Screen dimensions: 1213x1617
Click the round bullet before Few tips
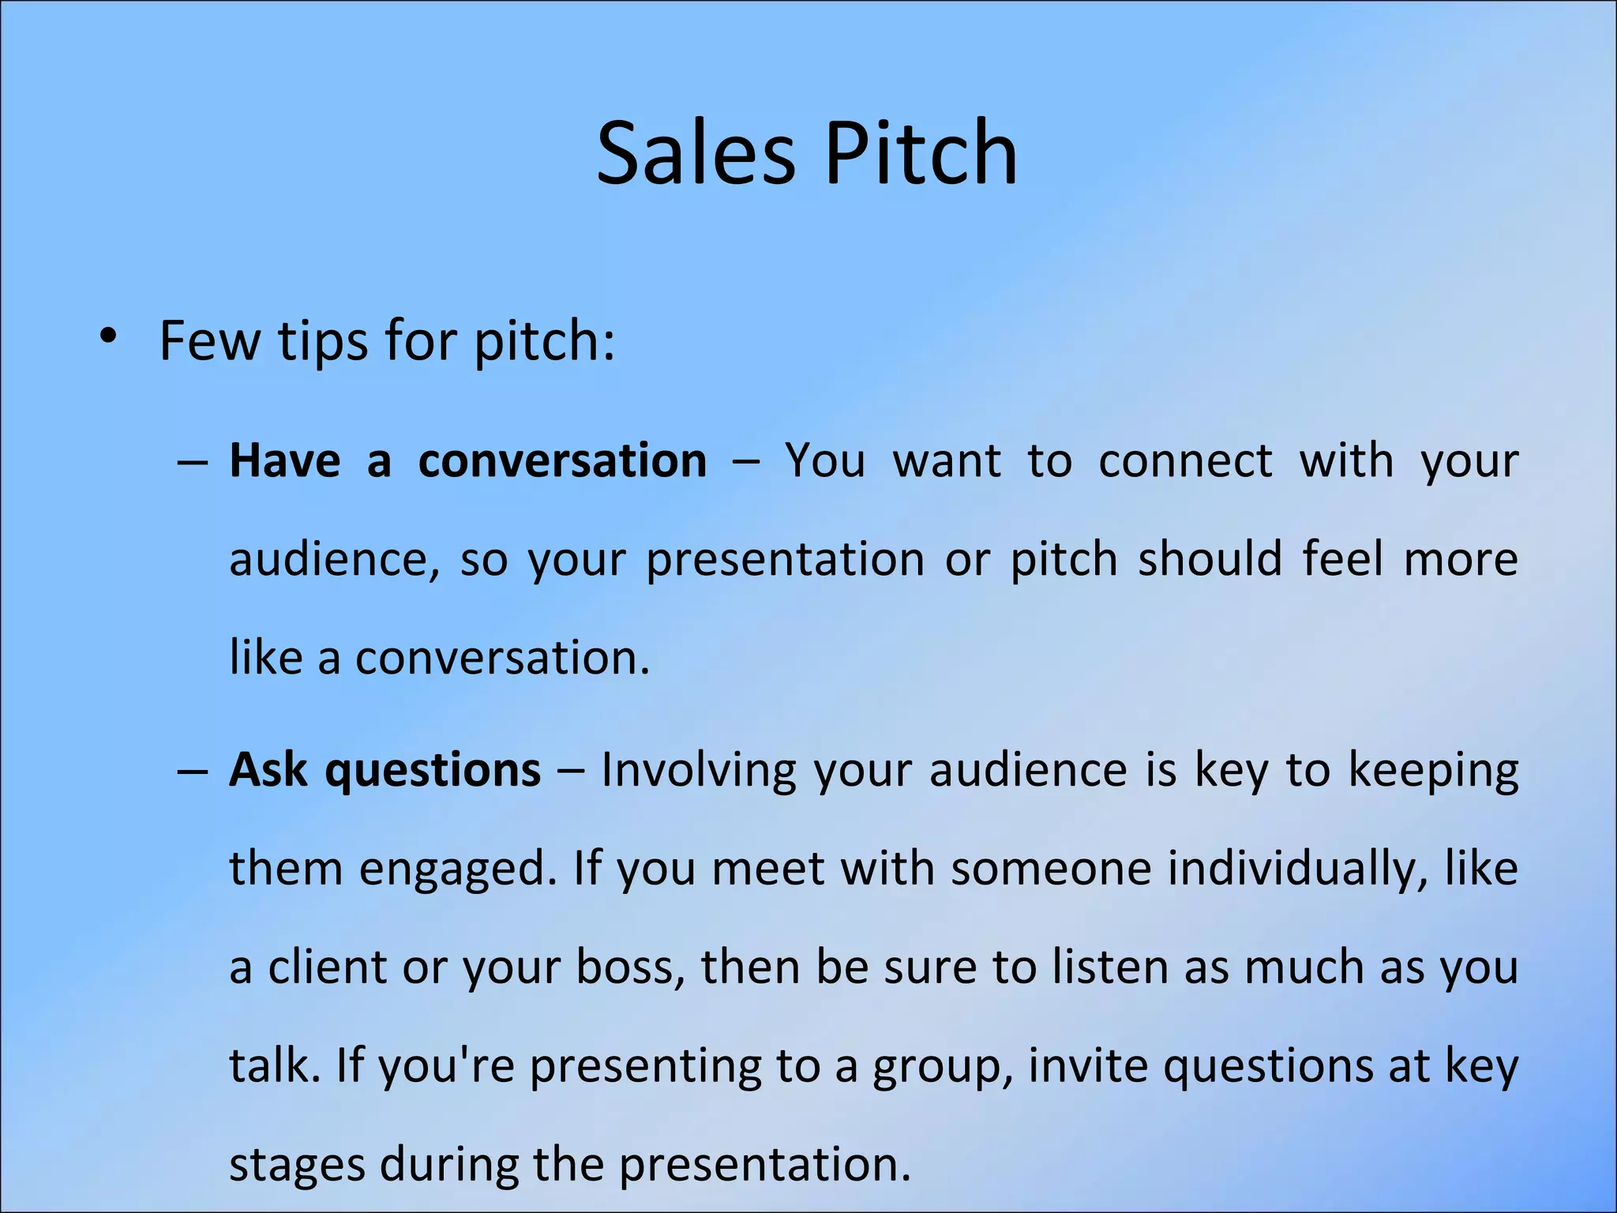click(x=108, y=337)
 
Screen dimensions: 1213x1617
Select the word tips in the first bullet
click(x=323, y=342)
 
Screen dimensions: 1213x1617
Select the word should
click(x=1210, y=559)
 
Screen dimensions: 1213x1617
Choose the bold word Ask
click(x=268, y=770)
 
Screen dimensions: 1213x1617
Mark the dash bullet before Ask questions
click(x=192, y=770)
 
